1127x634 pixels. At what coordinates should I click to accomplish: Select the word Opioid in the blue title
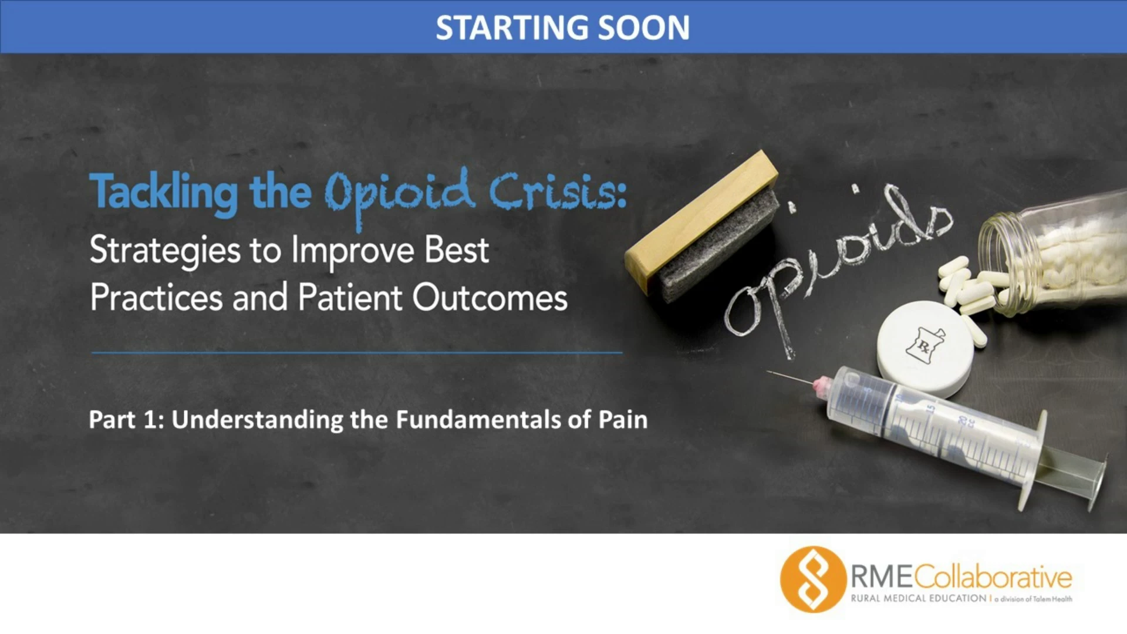point(400,194)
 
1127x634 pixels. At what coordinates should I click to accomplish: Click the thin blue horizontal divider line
point(357,353)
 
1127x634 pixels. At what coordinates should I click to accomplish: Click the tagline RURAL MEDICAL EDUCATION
point(919,598)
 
